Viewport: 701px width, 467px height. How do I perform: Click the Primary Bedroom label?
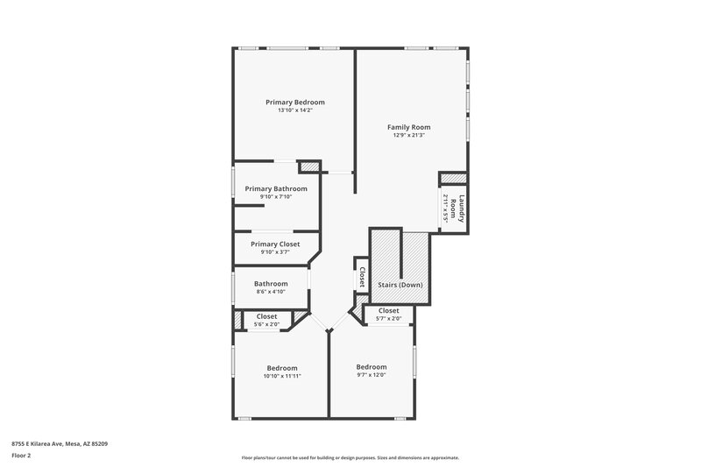294,103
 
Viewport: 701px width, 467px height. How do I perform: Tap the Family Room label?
409,127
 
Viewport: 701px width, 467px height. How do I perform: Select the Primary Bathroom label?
276,188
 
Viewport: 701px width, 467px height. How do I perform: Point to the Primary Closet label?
275,244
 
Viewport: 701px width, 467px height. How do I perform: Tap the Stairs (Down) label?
400,286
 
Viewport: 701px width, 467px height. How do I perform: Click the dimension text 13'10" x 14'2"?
294,110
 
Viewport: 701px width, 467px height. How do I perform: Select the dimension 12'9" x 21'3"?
409,135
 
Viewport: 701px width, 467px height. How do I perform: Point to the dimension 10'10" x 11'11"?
282,376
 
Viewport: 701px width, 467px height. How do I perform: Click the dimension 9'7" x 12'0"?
372,374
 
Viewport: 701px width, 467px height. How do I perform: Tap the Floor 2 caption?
20,456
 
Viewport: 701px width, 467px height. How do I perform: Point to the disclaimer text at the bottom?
350,458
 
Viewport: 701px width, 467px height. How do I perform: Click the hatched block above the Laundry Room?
453,179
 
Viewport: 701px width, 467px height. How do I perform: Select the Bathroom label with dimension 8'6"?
271,284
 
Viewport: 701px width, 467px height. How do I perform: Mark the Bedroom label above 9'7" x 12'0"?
372,366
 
